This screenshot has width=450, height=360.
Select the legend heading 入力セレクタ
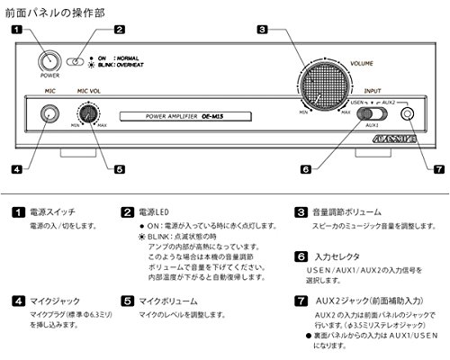(x=336, y=256)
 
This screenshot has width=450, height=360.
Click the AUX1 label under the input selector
(x=369, y=125)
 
